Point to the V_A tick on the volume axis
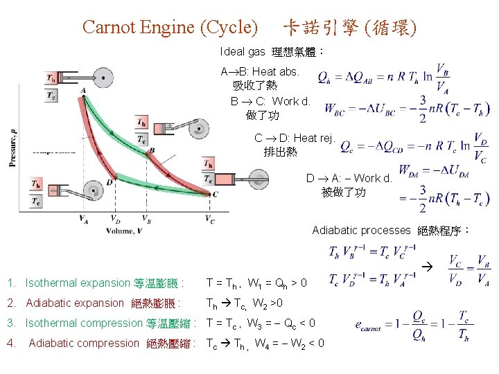(83, 220)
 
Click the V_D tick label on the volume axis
(116, 220)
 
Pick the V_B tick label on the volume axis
(146, 220)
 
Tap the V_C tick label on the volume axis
(210, 220)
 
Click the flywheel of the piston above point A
(104, 78)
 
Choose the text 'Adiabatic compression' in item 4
(84, 343)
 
